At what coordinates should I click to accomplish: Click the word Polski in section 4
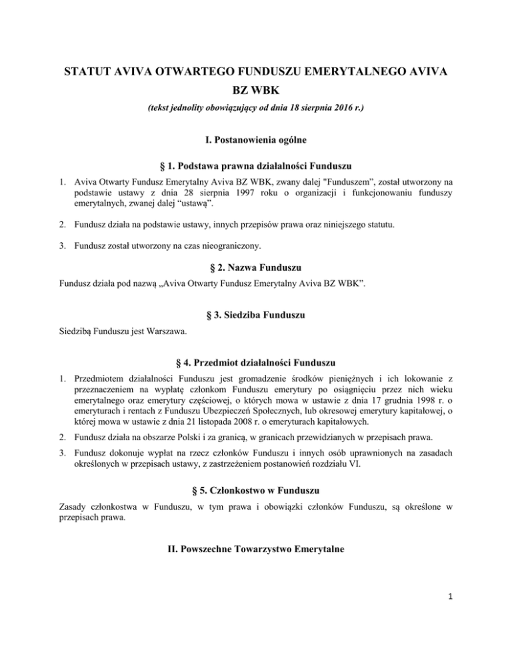pyautogui.click(x=154, y=441)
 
